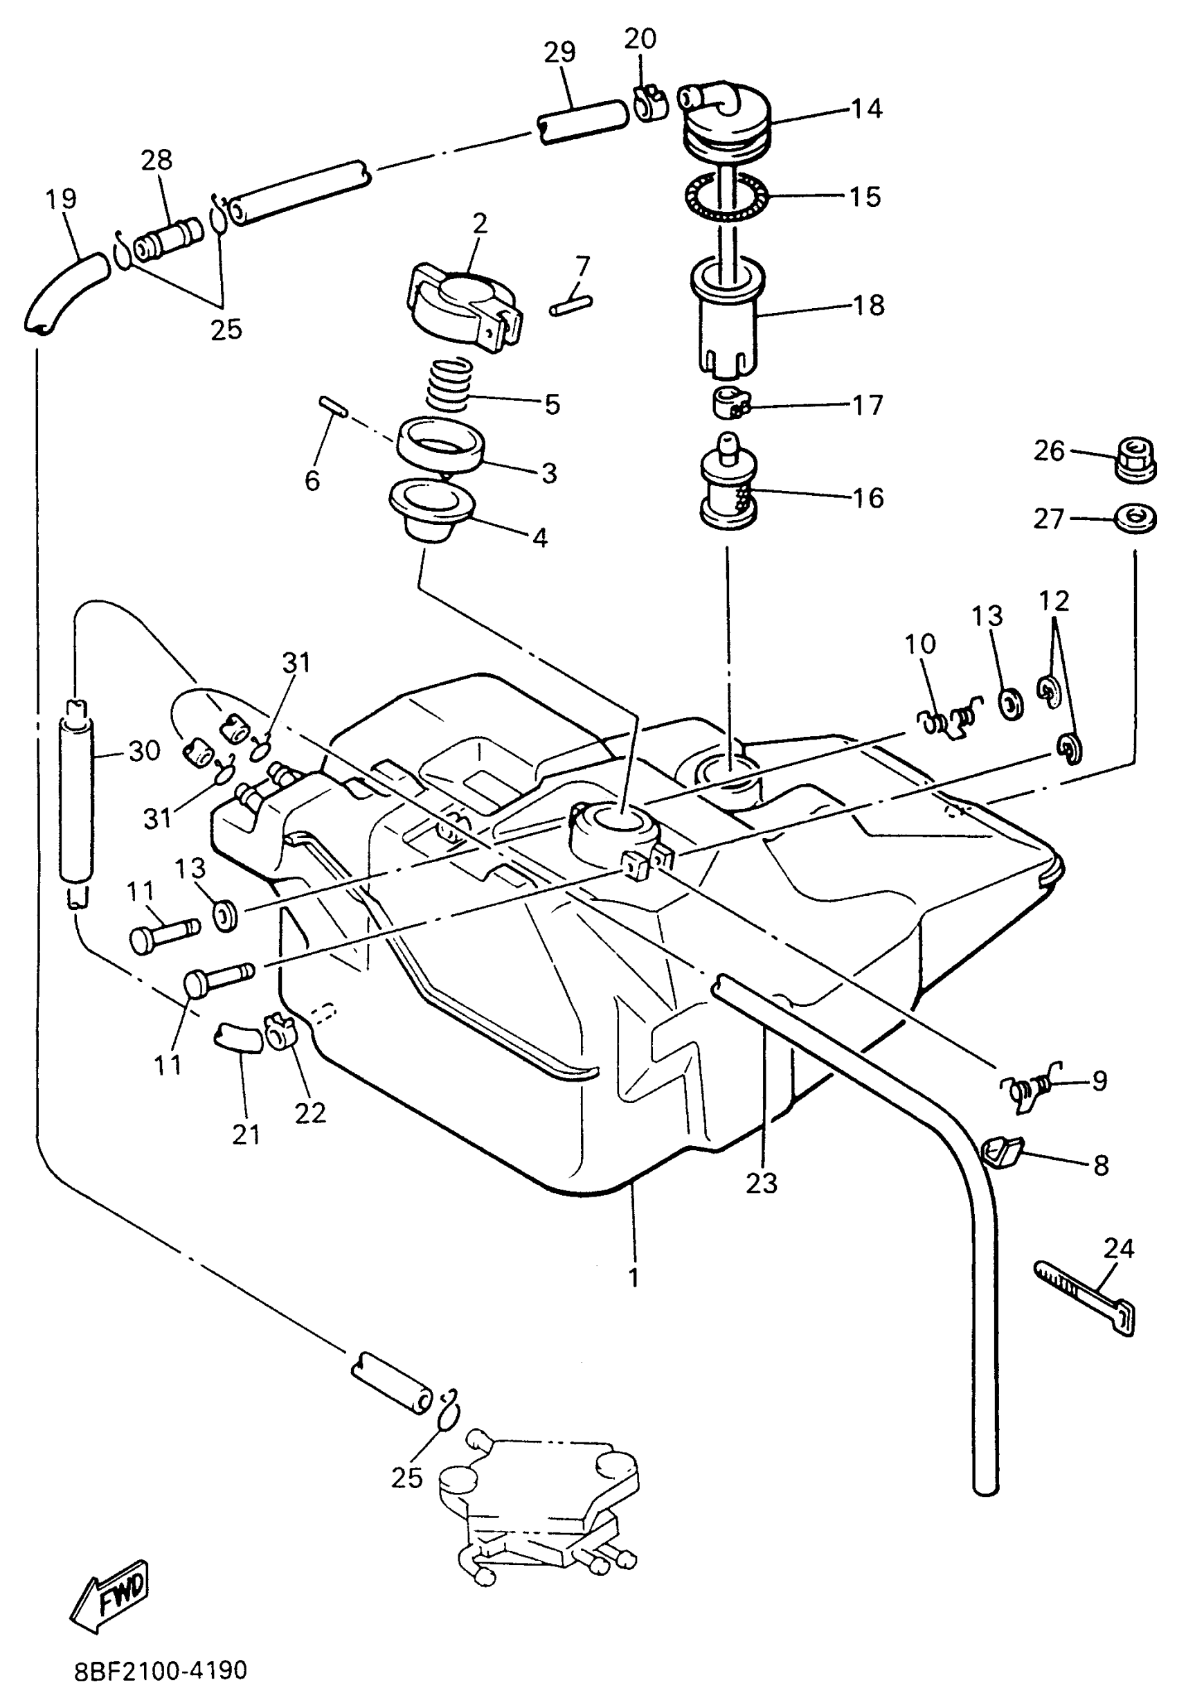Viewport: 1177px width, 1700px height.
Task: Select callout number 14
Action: click(x=867, y=109)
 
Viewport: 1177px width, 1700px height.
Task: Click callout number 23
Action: click(x=761, y=1183)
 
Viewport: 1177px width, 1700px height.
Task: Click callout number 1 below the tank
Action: click(x=634, y=1277)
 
